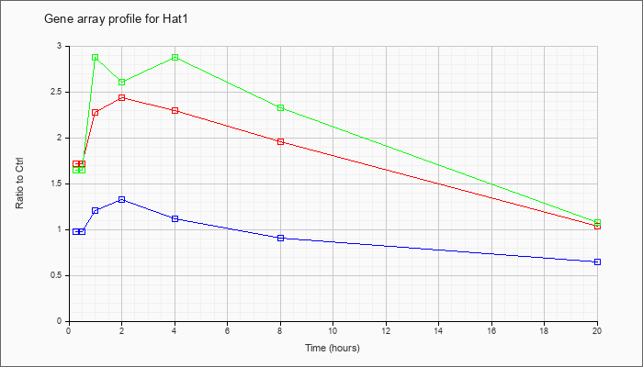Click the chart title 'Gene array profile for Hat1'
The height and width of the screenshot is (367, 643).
[116, 19]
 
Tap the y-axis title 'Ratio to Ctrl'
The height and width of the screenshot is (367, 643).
[19, 183]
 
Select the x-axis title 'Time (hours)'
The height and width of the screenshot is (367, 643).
[333, 348]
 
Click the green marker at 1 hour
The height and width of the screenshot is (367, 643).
[96, 57]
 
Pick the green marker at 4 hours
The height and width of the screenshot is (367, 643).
[175, 57]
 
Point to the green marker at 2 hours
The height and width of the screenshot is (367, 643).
[122, 83]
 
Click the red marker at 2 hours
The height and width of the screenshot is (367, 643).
[122, 97]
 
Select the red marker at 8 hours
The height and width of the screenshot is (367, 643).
[280, 141]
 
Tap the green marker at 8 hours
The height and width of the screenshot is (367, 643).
[280, 107]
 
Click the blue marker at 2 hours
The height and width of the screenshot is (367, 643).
[122, 199]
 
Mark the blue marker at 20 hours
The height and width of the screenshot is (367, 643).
[597, 261]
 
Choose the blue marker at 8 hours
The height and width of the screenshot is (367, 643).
[280, 238]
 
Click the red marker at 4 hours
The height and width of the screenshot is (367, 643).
[175, 111]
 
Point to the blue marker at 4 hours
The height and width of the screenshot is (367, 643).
[175, 218]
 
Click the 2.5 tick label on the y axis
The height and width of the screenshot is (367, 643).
[60, 92]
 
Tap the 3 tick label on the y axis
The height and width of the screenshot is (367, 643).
[62, 46]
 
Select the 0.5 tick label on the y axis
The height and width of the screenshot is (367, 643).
[60, 275]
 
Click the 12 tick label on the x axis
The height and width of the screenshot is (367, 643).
[386, 330]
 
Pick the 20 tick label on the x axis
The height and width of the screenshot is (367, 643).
[597, 330]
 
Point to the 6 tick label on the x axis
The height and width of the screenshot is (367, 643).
[228, 330]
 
